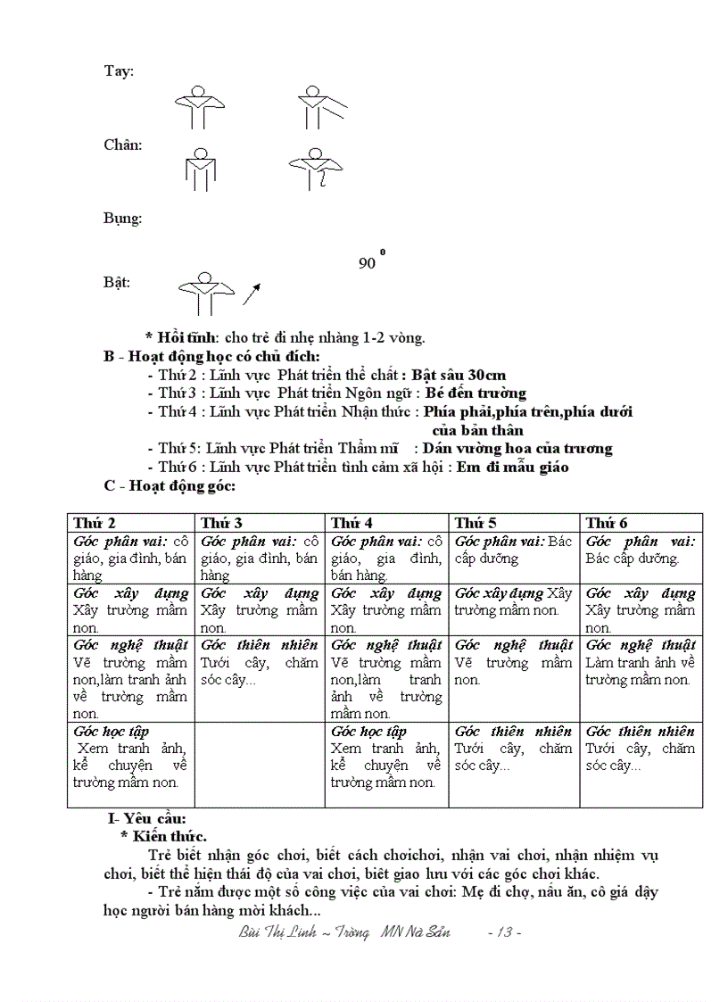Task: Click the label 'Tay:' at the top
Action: click(x=119, y=71)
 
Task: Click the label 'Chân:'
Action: click(x=123, y=145)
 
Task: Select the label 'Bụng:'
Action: click(x=123, y=218)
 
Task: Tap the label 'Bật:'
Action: click(x=117, y=283)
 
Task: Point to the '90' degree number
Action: click(x=367, y=263)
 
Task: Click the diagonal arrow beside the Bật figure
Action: click(x=252, y=294)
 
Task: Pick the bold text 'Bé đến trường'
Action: click(x=476, y=393)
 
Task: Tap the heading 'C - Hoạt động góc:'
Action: click(x=170, y=485)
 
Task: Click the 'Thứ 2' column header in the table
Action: click(x=95, y=523)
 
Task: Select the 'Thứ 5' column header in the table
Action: click(x=476, y=523)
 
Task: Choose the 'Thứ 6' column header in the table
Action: click(x=608, y=523)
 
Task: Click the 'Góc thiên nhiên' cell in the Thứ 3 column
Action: click(x=260, y=662)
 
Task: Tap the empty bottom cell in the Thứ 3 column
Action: click(x=260, y=765)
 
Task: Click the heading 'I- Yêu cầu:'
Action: click(x=145, y=817)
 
